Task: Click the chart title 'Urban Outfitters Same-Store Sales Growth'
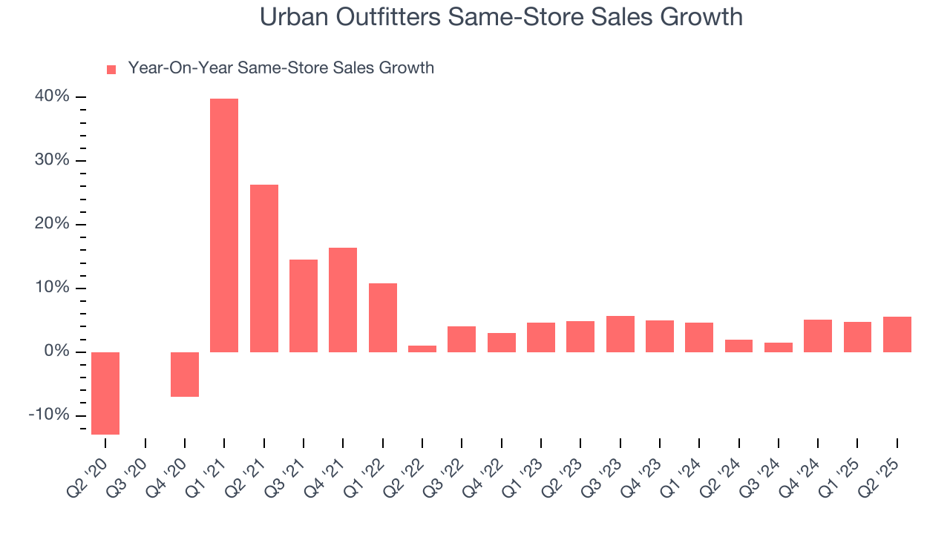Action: coord(501,16)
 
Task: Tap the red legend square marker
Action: coord(111,69)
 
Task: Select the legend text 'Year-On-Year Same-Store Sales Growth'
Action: coord(281,68)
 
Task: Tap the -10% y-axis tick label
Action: coord(49,415)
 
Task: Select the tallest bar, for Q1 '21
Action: coord(224,225)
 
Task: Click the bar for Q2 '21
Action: coord(263,268)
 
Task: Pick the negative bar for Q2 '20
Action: coord(105,393)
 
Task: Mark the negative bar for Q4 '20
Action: coord(185,374)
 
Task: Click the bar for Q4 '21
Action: coord(343,300)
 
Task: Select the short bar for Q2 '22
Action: coord(422,349)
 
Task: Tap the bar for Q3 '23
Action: coord(620,334)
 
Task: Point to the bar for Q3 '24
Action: coord(779,347)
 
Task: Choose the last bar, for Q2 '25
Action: coord(897,334)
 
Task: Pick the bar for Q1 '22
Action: coord(382,317)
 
